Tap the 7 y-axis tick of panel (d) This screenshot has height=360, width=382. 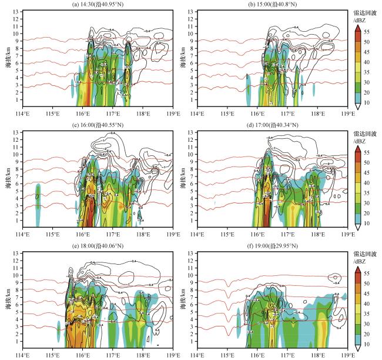192,175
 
